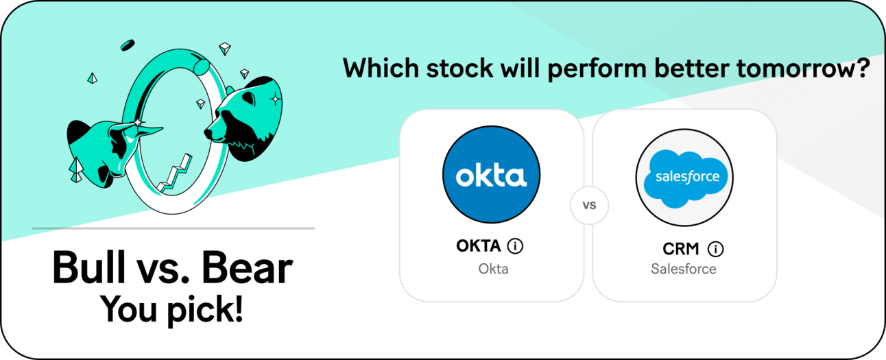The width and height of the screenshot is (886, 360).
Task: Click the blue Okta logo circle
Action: pyautogui.click(x=491, y=174)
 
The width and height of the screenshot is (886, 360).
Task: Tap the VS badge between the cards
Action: pyautogui.click(x=589, y=205)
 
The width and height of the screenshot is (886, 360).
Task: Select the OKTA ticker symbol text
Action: pyautogui.click(x=479, y=246)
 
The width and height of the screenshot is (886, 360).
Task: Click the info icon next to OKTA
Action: pyautogui.click(x=516, y=246)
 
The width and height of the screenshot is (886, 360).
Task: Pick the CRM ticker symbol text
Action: pyautogui.click(x=681, y=249)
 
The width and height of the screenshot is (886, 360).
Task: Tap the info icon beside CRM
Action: pyautogui.click(x=716, y=249)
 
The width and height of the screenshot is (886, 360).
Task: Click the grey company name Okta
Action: pyautogui.click(x=493, y=269)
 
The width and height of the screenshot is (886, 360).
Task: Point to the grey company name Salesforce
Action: pyautogui.click(x=684, y=269)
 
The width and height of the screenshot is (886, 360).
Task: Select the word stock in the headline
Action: pyautogui.click(x=459, y=68)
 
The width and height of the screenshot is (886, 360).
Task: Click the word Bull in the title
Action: pyautogui.click(x=88, y=267)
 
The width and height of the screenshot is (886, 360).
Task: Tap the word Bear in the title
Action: pyautogui.click(x=247, y=268)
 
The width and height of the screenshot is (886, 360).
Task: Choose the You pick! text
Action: pyautogui.click(x=171, y=310)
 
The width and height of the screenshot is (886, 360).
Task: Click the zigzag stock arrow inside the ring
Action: pyautogui.click(x=175, y=174)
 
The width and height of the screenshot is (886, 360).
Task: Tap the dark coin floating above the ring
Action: pyautogui.click(x=128, y=45)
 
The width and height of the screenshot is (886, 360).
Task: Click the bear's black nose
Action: pyautogui.click(x=208, y=133)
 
